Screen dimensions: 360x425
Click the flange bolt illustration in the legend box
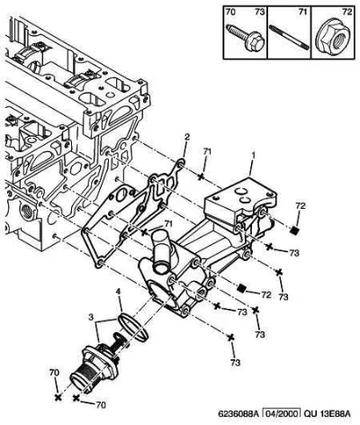(245, 37)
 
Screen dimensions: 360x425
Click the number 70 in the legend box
(230, 12)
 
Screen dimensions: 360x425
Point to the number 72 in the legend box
(346, 12)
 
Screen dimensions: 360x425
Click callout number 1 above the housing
(254, 156)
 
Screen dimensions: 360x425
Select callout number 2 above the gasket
(187, 137)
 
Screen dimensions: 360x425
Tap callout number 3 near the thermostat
(91, 317)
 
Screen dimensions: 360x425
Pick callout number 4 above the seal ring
(119, 291)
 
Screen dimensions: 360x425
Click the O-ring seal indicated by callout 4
(133, 327)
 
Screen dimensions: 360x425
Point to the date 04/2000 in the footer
(282, 414)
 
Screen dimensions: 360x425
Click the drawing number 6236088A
(238, 414)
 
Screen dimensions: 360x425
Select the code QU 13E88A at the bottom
(327, 414)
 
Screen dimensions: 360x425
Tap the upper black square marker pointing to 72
(295, 231)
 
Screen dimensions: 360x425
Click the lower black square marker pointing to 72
(241, 288)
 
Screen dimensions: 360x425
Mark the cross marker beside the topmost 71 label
(201, 176)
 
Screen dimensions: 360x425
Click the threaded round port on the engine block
(26, 211)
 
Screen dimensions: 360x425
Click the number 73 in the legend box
(260, 12)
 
